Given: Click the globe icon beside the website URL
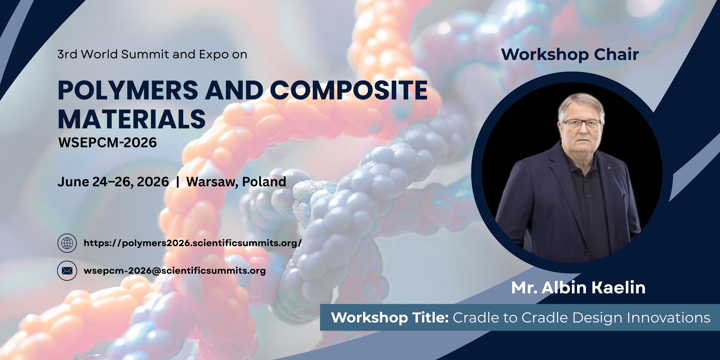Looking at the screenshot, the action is tap(67, 243).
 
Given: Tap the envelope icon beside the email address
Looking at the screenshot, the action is tap(67, 270).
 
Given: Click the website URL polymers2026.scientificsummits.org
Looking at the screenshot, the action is tap(193, 243).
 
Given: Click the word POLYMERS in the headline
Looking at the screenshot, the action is tap(128, 90).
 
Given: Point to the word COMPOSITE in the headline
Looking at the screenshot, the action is tap(349, 90).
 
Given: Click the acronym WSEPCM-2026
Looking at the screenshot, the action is tap(108, 142).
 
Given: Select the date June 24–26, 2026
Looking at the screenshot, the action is tap(113, 182).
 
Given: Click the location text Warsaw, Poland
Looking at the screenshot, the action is tap(236, 182).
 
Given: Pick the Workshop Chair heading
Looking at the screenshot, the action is tap(570, 55).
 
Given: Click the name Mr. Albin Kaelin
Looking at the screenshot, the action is tap(578, 288).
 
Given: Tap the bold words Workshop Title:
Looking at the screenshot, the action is tap(390, 318).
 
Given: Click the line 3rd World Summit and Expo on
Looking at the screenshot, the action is tap(152, 54).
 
